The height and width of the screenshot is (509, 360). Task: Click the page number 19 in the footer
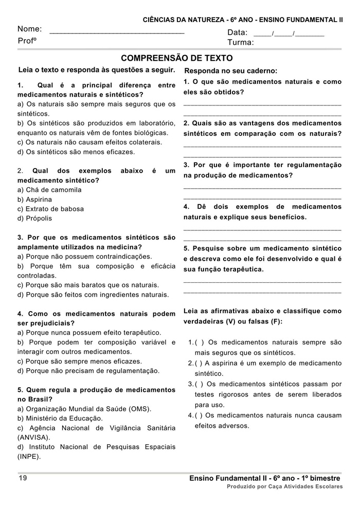[x=23, y=478]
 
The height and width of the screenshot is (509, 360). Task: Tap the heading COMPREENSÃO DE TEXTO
[x=176, y=58]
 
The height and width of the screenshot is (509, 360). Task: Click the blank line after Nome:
[x=117, y=32]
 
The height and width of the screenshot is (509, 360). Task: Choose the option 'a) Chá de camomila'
[x=49, y=190]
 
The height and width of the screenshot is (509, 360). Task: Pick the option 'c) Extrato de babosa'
[x=50, y=209]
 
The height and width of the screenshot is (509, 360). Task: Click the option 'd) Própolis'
[x=34, y=218]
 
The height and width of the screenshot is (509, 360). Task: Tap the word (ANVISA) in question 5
[x=34, y=437]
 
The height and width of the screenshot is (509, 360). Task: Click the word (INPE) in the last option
[x=29, y=456]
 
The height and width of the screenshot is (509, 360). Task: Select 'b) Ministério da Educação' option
[x=60, y=418]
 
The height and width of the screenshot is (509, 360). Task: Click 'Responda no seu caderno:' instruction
[x=230, y=71]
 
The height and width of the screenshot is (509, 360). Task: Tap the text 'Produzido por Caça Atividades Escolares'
[x=284, y=486]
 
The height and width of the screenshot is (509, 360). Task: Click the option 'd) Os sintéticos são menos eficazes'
[x=76, y=152]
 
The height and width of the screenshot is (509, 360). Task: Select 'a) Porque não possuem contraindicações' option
[x=85, y=256]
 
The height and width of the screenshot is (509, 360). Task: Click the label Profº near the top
[x=27, y=41]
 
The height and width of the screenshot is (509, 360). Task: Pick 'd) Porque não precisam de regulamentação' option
[x=88, y=370]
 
